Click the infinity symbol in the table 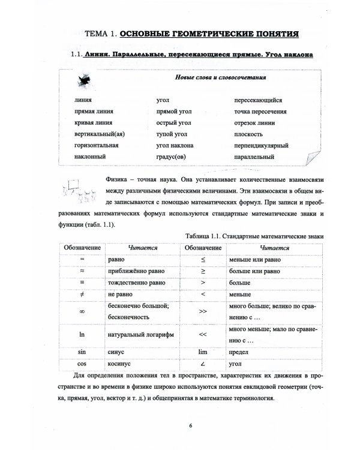(x=82, y=311)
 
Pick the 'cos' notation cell (x=82, y=364)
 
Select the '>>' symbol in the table (x=203, y=311)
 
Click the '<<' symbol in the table (x=203, y=334)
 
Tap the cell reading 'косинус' (x=119, y=364)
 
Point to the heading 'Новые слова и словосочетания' (x=221, y=78)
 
